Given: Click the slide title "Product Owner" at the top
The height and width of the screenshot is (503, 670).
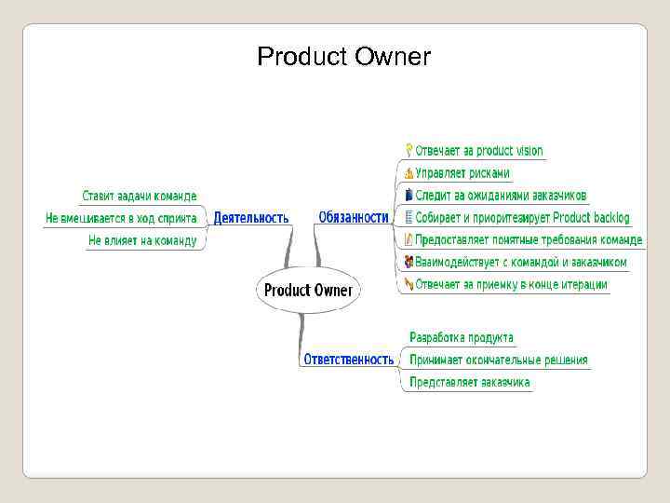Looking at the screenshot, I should (x=343, y=58).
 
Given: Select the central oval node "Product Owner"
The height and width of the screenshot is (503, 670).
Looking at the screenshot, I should (x=308, y=290).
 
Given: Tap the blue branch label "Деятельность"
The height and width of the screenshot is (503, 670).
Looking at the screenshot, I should (x=251, y=218).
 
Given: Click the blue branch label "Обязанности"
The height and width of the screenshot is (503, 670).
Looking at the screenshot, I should (x=354, y=217).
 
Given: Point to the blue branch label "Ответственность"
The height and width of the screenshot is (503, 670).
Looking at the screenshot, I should (x=349, y=359).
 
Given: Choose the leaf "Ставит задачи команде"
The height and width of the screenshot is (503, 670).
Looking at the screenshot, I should (x=140, y=196).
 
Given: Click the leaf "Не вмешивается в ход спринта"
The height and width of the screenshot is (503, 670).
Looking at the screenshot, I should (x=121, y=218).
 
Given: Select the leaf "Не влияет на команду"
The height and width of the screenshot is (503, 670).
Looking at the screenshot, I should (x=142, y=240).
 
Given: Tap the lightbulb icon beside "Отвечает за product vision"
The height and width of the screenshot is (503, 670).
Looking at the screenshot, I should (x=409, y=150).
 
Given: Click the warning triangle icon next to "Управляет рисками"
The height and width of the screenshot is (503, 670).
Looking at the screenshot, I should (x=409, y=172).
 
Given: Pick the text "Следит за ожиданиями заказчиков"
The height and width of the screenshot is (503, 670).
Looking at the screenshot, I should (x=501, y=196).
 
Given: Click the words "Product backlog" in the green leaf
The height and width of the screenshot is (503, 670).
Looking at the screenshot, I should (x=591, y=218).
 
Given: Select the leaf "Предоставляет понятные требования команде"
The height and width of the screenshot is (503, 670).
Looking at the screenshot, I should (x=529, y=240).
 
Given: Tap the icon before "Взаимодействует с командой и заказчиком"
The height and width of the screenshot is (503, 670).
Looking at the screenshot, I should (x=409, y=263).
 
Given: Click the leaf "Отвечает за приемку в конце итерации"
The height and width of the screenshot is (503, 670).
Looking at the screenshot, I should (x=511, y=285).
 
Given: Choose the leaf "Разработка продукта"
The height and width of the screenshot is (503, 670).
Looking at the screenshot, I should (x=461, y=337).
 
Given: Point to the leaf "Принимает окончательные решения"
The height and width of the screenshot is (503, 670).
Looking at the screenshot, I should (x=498, y=360).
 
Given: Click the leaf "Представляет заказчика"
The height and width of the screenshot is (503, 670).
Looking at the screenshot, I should (x=470, y=382).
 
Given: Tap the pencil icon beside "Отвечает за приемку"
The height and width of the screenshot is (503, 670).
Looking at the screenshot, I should (x=409, y=284).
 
